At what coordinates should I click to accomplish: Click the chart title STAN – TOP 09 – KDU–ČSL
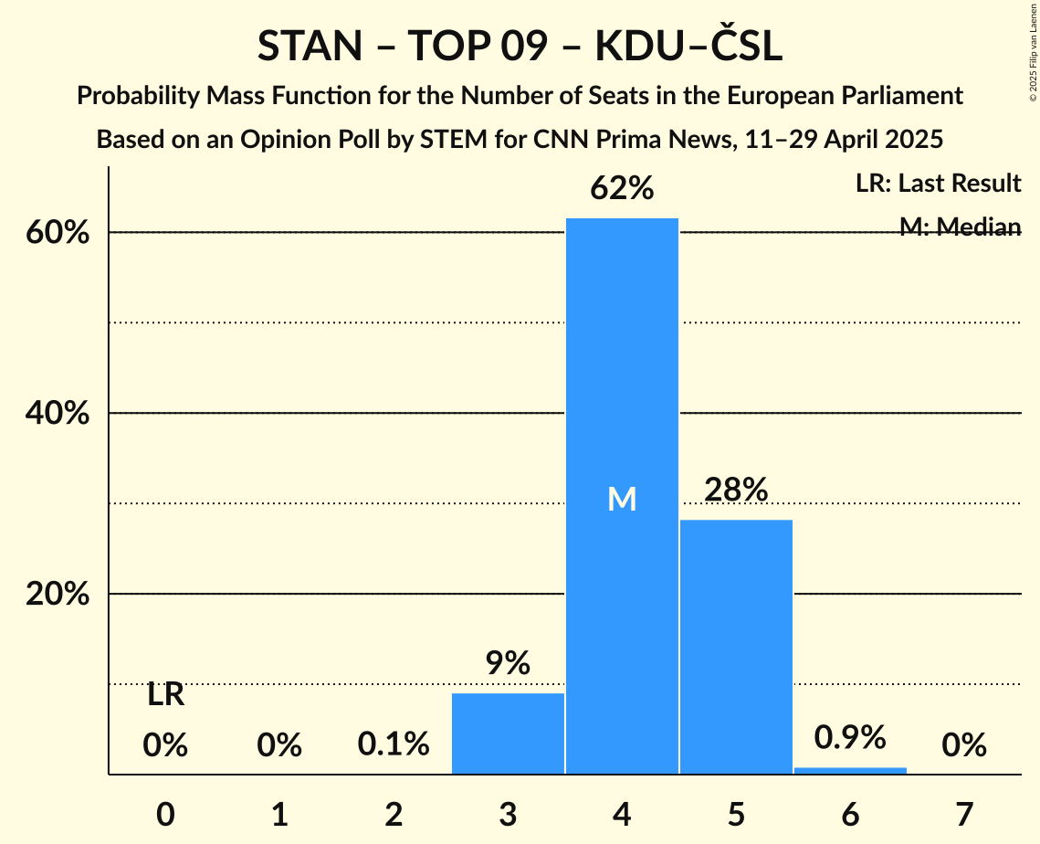pyautogui.click(x=520, y=47)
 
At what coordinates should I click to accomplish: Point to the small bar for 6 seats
pyautogui.click(x=850, y=771)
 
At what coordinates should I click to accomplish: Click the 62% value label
pyautogui.click(x=622, y=189)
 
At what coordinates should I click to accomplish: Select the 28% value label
pyautogui.click(x=736, y=491)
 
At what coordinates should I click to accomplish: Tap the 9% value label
pyautogui.click(x=508, y=664)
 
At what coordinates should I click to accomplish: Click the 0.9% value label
pyautogui.click(x=850, y=737)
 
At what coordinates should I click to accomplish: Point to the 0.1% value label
pyautogui.click(x=394, y=745)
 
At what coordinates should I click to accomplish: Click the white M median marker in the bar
pyautogui.click(x=622, y=499)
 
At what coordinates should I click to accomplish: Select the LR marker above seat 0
pyautogui.click(x=165, y=696)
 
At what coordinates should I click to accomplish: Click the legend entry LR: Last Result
pyautogui.click(x=938, y=184)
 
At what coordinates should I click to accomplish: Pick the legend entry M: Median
pyautogui.click(x=960, y=227)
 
